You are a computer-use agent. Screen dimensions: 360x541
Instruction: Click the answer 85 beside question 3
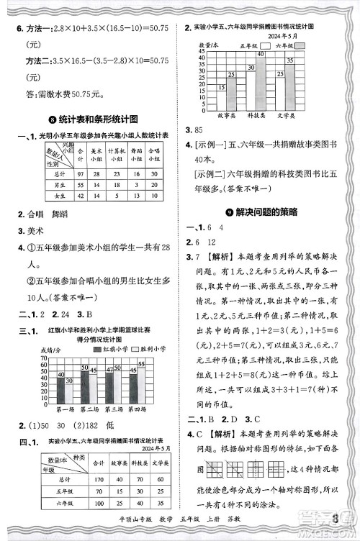(x=194, y=130)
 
